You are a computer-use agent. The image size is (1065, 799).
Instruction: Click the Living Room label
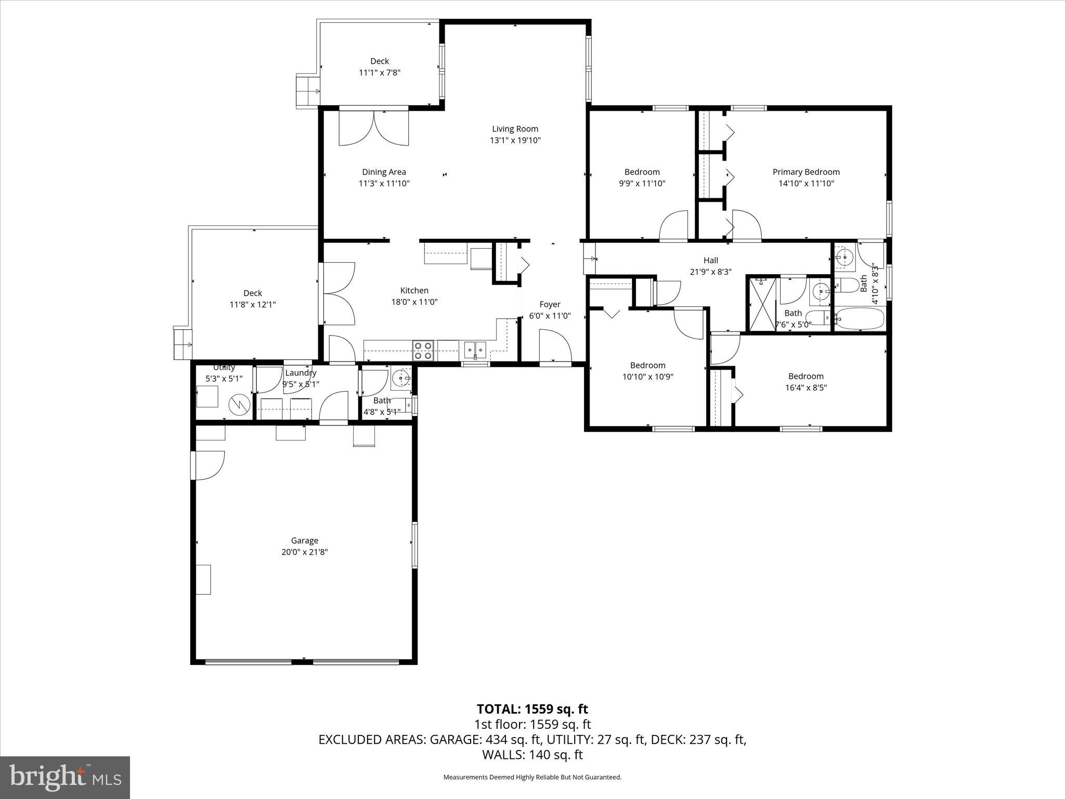515,129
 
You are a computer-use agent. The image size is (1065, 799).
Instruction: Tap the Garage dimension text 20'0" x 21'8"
304,552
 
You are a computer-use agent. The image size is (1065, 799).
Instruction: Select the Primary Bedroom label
806,172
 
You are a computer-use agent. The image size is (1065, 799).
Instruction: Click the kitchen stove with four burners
423,351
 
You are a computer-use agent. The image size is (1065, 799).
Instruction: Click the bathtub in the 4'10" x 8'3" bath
860,319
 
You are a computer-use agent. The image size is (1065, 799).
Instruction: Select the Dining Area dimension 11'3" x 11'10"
384,183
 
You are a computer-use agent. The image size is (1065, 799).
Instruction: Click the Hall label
710,261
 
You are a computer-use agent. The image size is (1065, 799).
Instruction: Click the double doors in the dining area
373,127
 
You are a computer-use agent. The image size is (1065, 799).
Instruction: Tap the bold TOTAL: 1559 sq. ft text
532,709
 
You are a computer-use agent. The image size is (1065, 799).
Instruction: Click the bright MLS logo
65,777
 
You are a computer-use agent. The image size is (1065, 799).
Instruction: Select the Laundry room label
301,373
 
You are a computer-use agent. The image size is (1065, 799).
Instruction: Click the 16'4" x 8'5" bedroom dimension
806,388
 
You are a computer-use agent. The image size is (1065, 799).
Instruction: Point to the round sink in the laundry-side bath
401,378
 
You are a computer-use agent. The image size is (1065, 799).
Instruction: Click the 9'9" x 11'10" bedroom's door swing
674,226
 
